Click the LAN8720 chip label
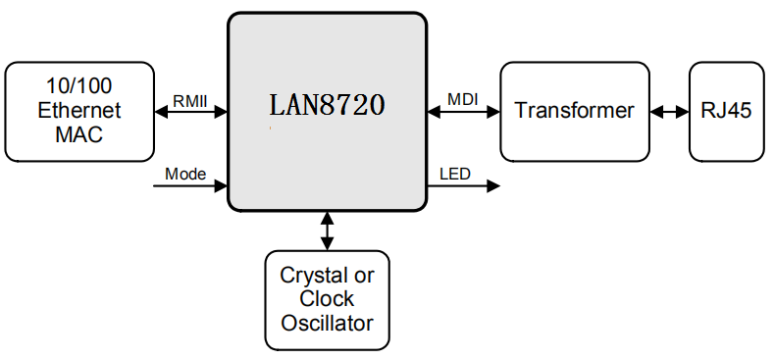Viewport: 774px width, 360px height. [x=328, y=105]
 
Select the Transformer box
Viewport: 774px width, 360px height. [x=574, y=110]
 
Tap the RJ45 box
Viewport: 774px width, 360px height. [x=726, y=110]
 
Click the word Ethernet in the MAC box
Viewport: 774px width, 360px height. [x=79, y=110]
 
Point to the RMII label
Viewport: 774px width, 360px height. [x=191, y=100]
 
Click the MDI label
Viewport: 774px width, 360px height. [x=463, y=100]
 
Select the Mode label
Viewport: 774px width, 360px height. [x=185, y=175]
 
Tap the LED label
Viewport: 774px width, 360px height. [x=454, y=175]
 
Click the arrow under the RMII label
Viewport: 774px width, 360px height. [x=191, y=112]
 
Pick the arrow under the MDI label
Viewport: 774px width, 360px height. [x=464, y=112]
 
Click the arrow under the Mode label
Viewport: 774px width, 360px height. [x=191, y=186]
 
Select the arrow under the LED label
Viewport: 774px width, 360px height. [x=464, y=186]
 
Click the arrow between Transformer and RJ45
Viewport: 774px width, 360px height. [x=669, y=112]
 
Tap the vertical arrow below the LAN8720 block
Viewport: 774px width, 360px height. [x=327, y=231]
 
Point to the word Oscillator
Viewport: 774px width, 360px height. [x=328, y=323]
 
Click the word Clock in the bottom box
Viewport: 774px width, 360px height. [x=328, y=299]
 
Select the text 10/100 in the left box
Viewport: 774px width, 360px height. [x=79, y=85]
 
